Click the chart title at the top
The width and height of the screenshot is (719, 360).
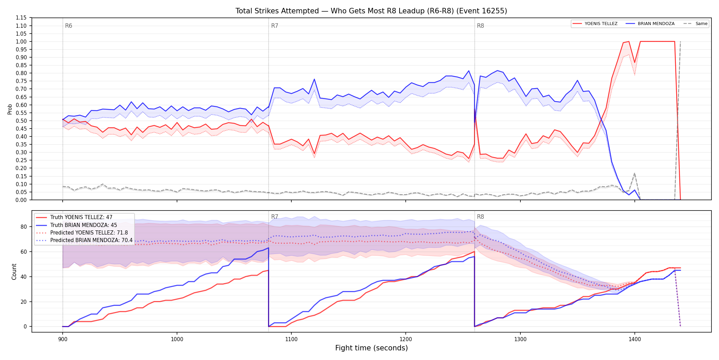(x=371, y=11)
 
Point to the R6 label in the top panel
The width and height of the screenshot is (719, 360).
(x=68, y=26)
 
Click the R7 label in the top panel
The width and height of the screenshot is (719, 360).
(x=275, y=26)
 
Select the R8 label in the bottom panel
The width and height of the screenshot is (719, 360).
(x=480, y=217)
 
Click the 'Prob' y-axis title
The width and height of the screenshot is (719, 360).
(x=10, y=109)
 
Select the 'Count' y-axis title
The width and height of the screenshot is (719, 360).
(x=14, y=272)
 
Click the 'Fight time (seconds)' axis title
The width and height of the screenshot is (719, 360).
(x=371, y=348)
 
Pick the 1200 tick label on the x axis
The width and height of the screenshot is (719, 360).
(x=406, y=339)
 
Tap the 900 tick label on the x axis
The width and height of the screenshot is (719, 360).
(x=62, y=339)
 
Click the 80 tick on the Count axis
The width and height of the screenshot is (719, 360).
(x=23, y=227)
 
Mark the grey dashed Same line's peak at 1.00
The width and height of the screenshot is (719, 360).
(x=680, y=41)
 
